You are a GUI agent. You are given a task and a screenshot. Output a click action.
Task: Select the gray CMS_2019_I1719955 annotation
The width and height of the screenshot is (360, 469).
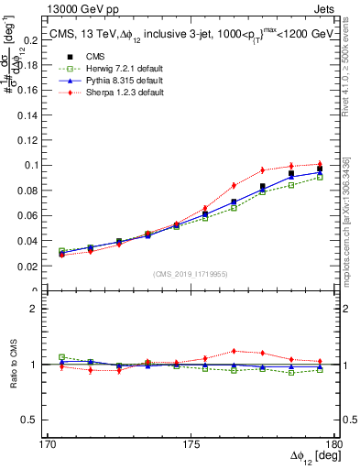(191, 273)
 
